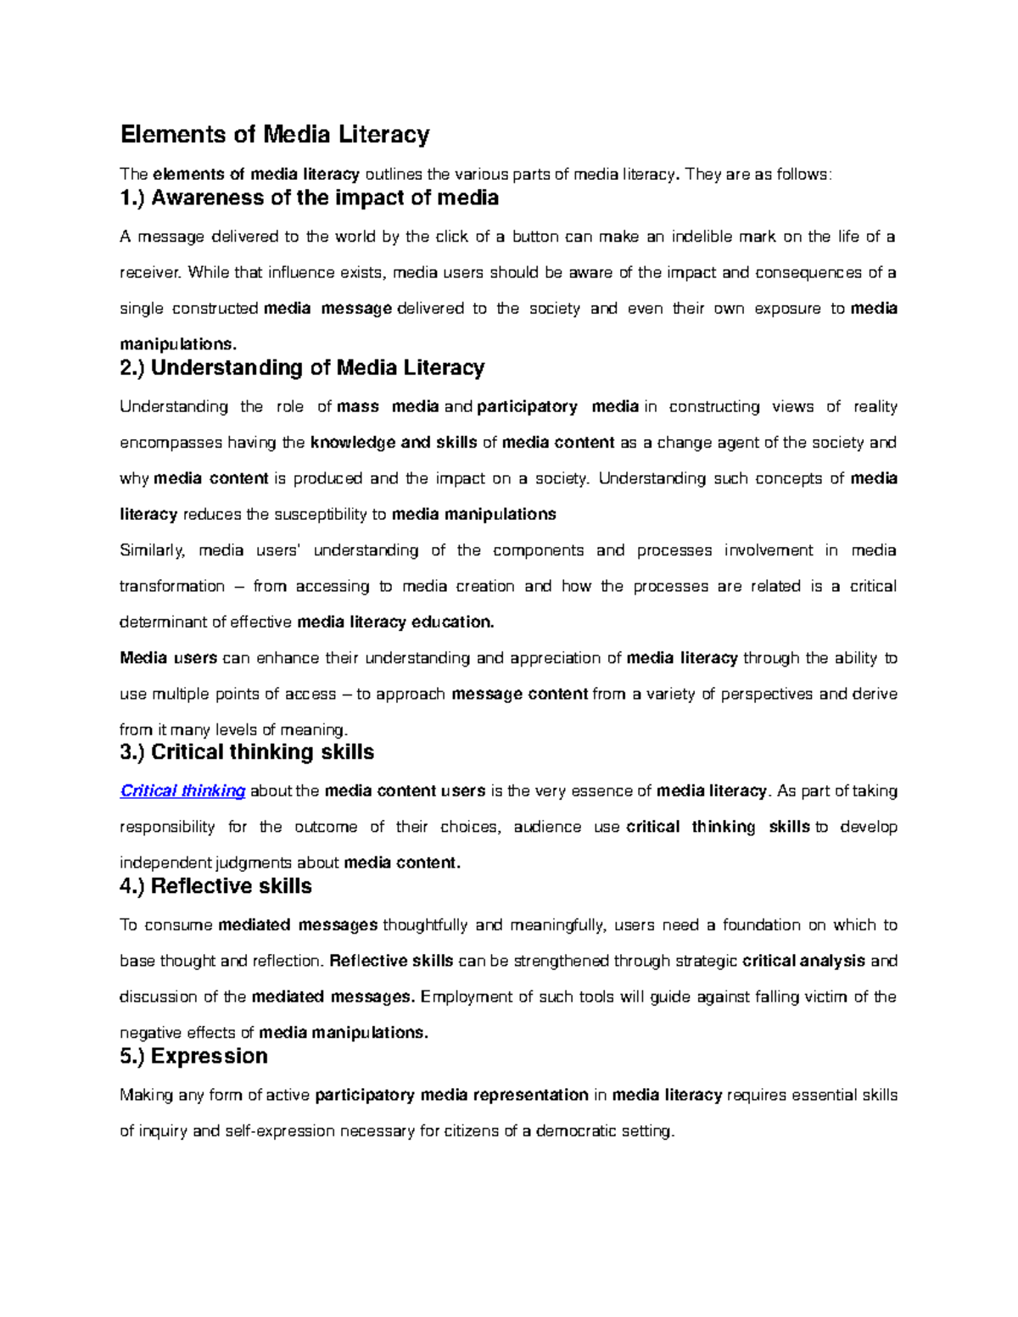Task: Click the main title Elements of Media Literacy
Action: (x=275, y=135)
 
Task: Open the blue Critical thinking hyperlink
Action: (x=182, y=791)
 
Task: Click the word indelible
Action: (x=702, y=237)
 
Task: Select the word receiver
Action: (x=149, y=273)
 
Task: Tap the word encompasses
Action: (x=170, y=443)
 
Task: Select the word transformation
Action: (x=171, y=587)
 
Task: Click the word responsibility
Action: (x=167, y=828)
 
